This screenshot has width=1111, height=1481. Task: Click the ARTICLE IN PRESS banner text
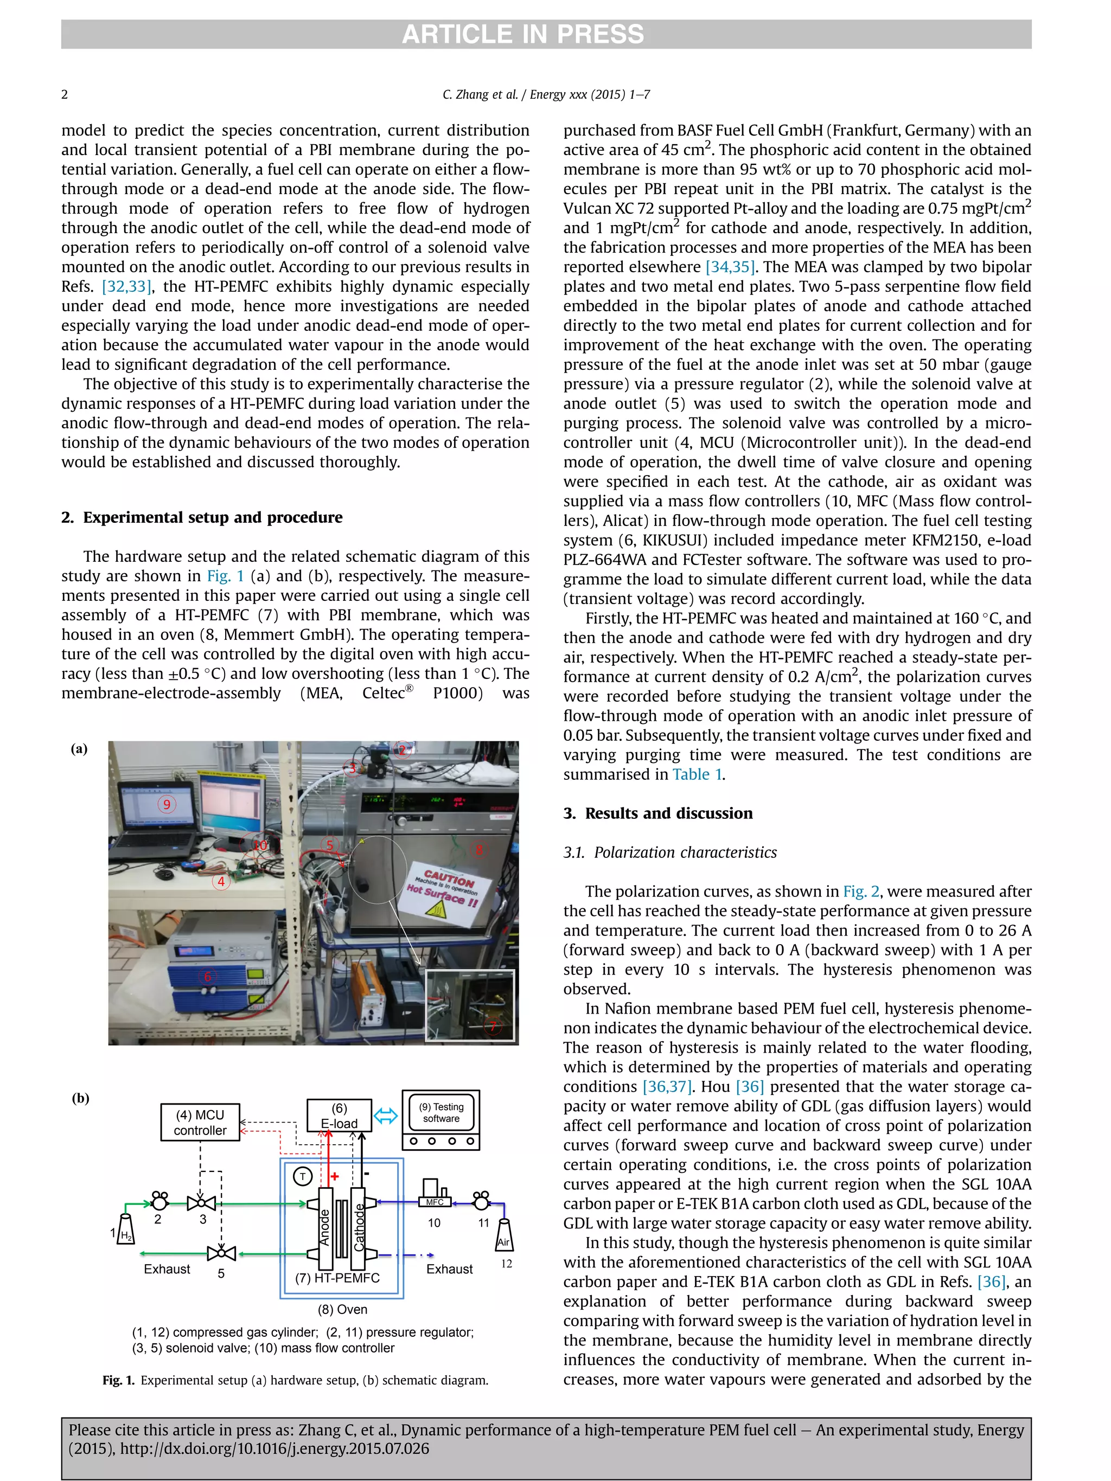click(522, 34)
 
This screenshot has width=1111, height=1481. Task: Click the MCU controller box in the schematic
click(200, 1122)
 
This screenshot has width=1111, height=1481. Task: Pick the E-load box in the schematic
click(339, 1115)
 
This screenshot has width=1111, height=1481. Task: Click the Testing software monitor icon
click(440, 1119)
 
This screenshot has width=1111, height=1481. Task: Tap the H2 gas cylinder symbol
click(125, 1229)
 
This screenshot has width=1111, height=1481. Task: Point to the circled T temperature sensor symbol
click(303, 1176)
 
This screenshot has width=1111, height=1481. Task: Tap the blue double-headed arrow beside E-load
click(386, 1115)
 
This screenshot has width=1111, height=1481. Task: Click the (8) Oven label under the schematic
click(342, 1310)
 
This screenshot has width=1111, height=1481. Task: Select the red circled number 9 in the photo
click(167, 804)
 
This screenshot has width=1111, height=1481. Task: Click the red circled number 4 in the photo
click(221, 882)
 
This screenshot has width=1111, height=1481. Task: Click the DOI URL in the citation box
click(274, 1449)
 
